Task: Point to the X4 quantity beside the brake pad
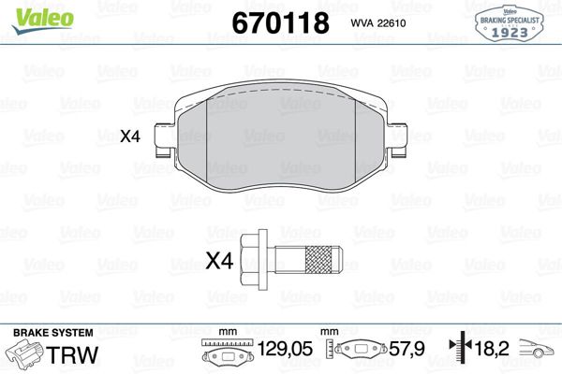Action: pyautogui.click(x=130, y=137)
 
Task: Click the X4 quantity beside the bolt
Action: pyautogui.click(x=218, y=262)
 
